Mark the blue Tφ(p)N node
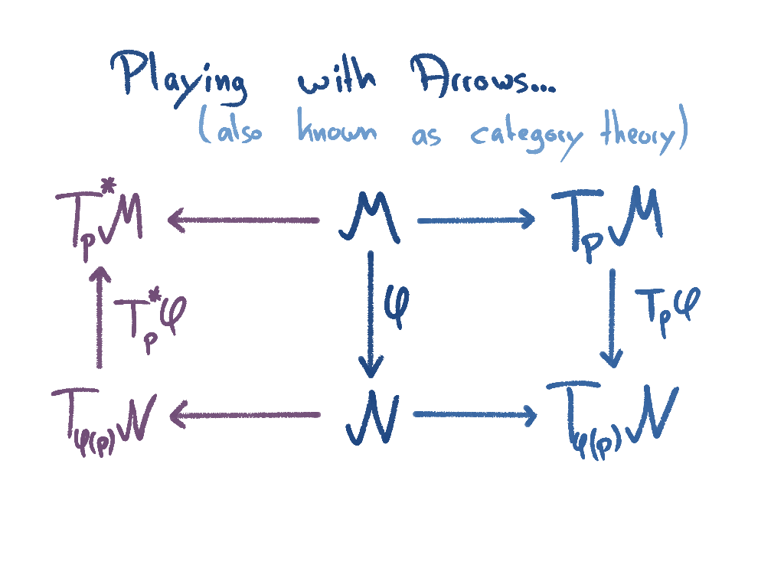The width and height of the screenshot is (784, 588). (612, 418)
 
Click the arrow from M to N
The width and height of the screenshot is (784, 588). (371, 314)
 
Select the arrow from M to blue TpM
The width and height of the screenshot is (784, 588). (475, 221)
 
